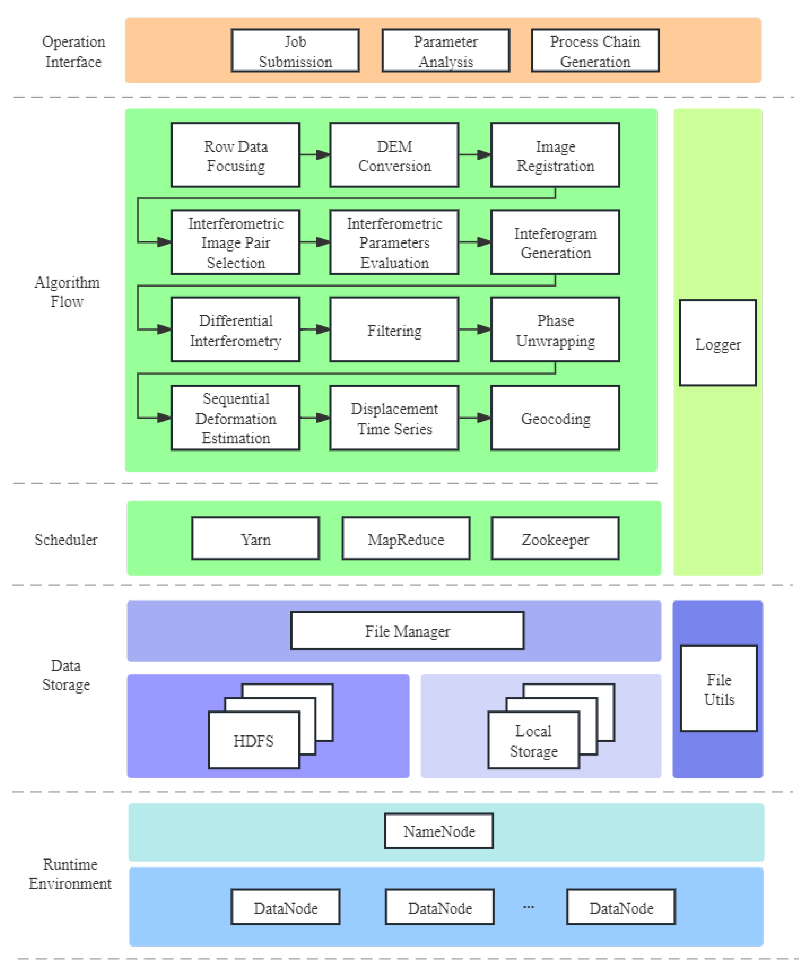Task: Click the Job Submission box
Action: point(295,51)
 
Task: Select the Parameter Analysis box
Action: point(446,51)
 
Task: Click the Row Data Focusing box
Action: point(235,155)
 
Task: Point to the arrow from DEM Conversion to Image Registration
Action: point(474,155)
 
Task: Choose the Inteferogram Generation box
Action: point(555,242)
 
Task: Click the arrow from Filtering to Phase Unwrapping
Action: point(474,329)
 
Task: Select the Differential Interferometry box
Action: point(235,330)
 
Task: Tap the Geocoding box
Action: point(555,418)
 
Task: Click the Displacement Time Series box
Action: point(394,418)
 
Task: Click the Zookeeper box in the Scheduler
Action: point(555,539)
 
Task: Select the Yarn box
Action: point(255,539)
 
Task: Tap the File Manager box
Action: point(407,631)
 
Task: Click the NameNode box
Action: point(438,831)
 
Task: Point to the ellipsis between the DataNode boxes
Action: point(528,907)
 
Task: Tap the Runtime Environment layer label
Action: point(70,873)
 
